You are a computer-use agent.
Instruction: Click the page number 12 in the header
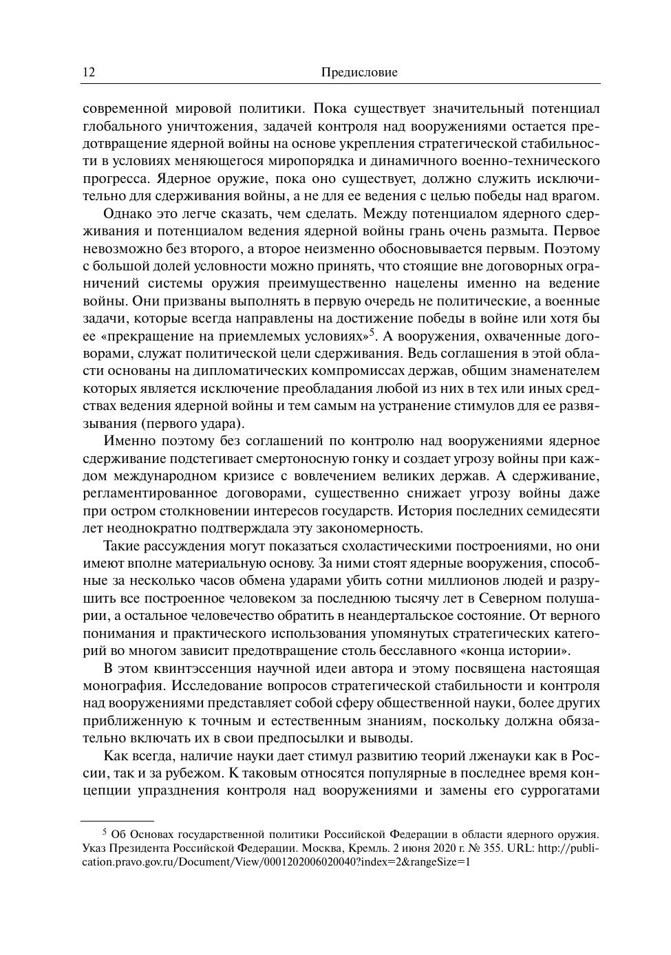pyautogui.click(x=89, y=72)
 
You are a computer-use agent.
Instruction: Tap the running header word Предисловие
pyautogui.click(x=359, y=72)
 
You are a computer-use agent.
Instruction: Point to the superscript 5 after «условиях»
pyautogui.click(x=372, y=333)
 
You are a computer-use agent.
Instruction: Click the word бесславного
pyautogui.click(x=398, y=651)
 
